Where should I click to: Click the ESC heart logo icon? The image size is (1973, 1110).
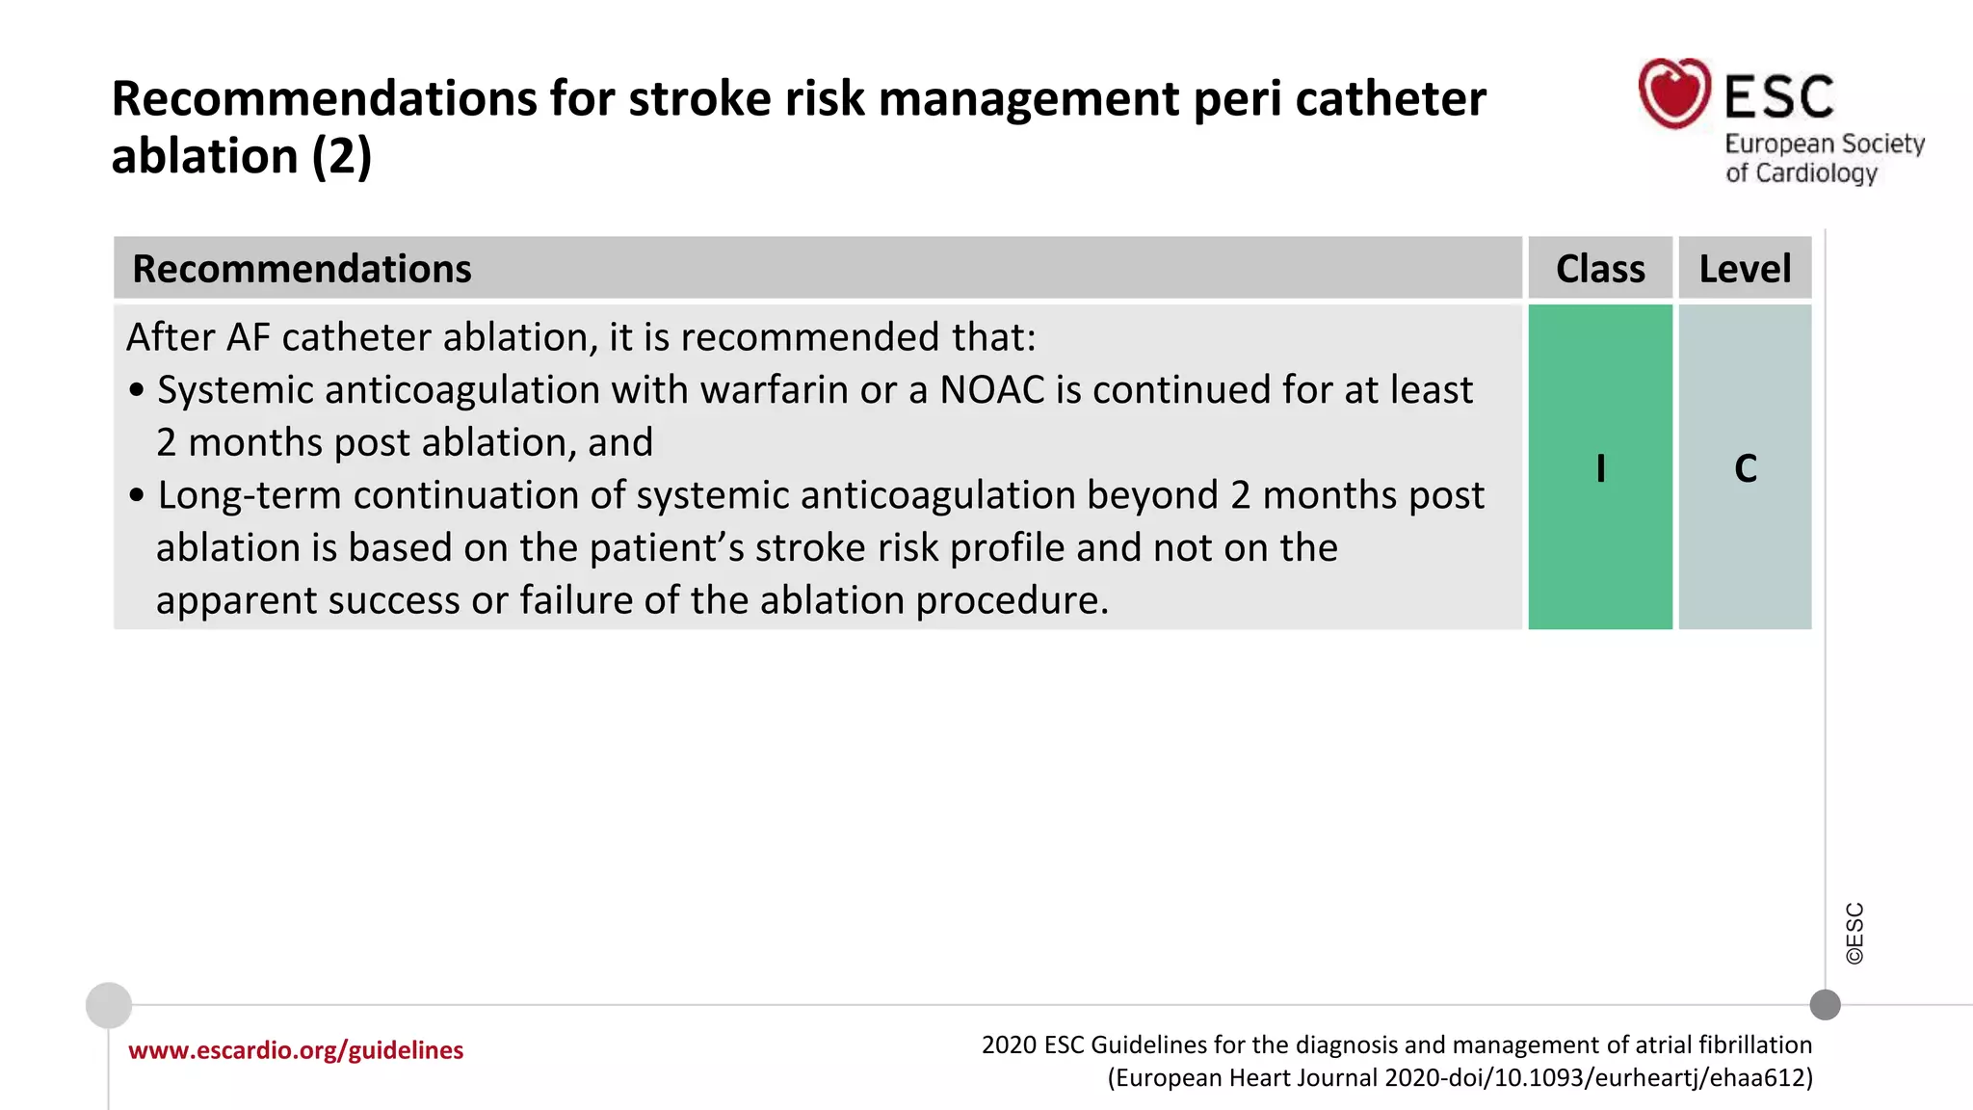[x=1674, y=93]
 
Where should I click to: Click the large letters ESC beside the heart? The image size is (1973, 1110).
[x=1778, y=97]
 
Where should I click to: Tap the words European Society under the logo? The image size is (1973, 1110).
[x=1824, y=145]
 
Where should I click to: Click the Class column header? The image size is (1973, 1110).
[x=1600, y=269]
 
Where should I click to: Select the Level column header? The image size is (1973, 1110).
[x=1745, y=269]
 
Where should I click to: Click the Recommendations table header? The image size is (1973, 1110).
[x=302, y=269]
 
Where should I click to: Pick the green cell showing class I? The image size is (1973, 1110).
[x=1600, y=468]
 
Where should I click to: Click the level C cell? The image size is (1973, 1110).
[x=1745, y=468]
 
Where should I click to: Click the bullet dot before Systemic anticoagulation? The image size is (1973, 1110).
[x=137, y=390]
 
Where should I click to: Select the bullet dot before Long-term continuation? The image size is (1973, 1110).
[x=137, y=495]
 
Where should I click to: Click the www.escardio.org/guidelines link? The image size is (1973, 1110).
[x=296, y=1050]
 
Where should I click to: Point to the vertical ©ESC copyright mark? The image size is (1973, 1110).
[x=1855, y=933]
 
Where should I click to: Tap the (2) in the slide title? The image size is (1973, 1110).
[x=341, y=157]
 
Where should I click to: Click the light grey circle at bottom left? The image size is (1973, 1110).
[x=109, y=1005]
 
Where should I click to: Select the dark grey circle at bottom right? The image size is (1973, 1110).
[x=1825, y=1005]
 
